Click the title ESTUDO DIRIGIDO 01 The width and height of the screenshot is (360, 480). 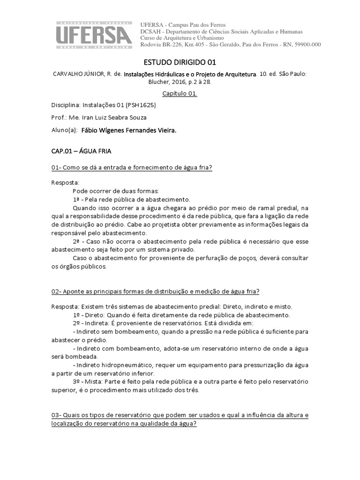[180, 62]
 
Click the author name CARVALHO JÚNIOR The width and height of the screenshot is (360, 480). [81, 74]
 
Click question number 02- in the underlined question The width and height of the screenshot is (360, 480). [57, 291]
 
